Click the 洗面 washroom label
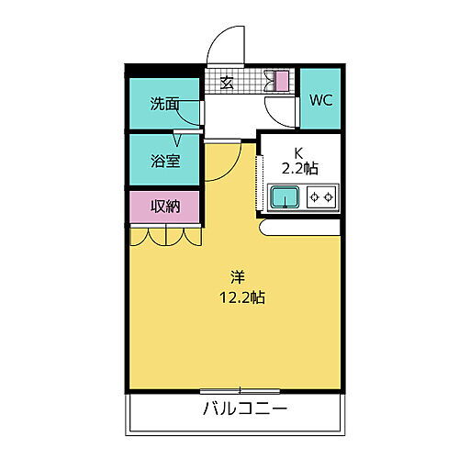[165, 104]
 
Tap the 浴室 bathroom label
[165, 161]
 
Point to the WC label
[320, 100]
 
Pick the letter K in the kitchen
[297, 152]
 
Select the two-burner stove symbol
[321, 196]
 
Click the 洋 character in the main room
[237, 276]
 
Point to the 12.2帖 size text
[242, 297]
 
